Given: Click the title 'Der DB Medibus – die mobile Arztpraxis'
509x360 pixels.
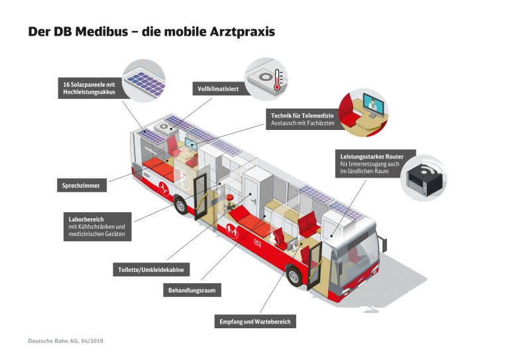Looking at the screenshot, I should pyautogui.click(x=151, y=31).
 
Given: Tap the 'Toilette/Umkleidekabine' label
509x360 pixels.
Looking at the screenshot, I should pyautogui.click(x=152, y=270).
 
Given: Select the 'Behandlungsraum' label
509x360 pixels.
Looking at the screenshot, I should pyautogui.click(x=191, y=290).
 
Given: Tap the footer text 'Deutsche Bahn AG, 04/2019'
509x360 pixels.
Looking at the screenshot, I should pyautogui.click(x=66, y=341).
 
